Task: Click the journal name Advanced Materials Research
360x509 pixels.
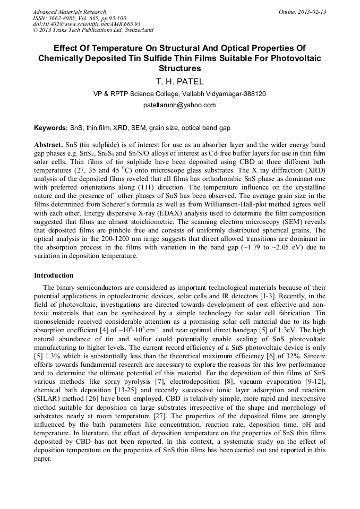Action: click(70, 12)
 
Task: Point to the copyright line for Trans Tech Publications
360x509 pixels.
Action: click(93, 30)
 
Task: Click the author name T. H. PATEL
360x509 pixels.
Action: click(179, 82)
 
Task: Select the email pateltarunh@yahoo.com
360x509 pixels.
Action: click(179, 105)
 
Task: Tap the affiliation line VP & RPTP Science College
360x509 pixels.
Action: click(179, 94)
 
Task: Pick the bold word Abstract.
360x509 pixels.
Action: click(48, 145)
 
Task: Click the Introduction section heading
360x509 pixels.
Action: click(54, 275)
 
